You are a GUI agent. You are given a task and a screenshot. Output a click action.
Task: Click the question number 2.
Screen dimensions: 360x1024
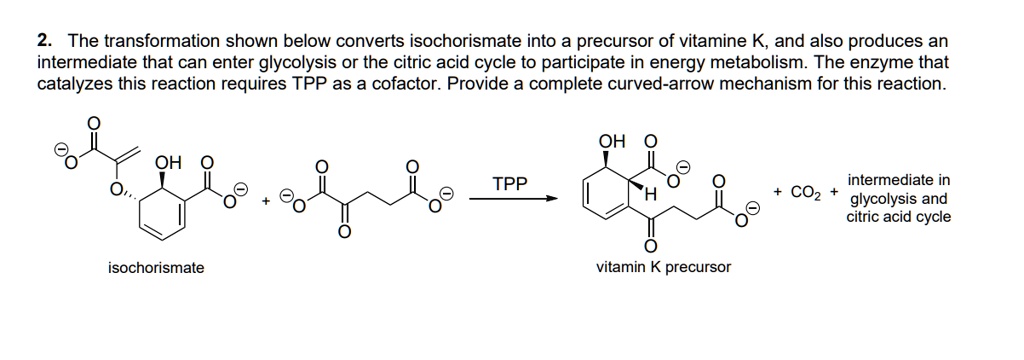[x=43, y=41]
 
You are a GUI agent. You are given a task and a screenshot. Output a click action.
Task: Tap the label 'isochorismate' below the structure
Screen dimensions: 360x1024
[x=156, y=268]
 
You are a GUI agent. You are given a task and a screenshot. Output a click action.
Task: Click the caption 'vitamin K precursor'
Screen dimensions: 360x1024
[x=663, y=267]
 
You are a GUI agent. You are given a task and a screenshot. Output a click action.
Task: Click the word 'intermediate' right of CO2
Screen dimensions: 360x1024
[x=898, y=181]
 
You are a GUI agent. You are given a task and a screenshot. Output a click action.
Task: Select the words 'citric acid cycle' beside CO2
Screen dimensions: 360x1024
[x=899, y=216]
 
